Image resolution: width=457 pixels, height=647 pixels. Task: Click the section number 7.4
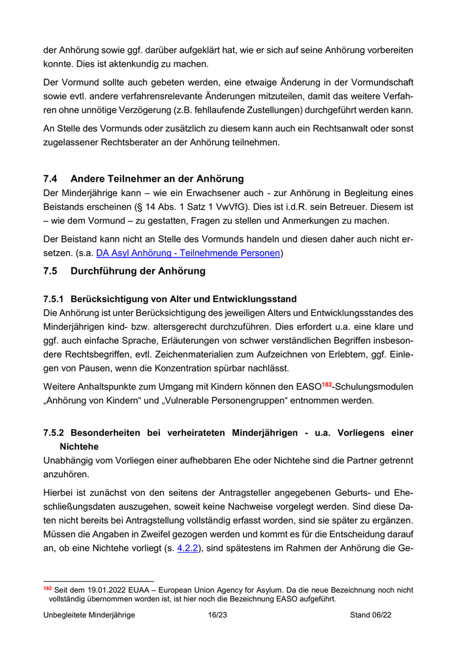point(51,178)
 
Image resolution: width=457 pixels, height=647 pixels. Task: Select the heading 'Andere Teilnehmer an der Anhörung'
point(157,178)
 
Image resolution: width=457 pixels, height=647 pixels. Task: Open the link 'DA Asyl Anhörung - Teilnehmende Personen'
point(189,253)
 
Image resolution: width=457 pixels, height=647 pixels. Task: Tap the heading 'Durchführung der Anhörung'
point(138,271)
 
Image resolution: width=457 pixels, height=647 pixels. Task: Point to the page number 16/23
point(217,615)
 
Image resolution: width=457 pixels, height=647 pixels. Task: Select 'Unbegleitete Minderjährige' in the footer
point(89,615)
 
